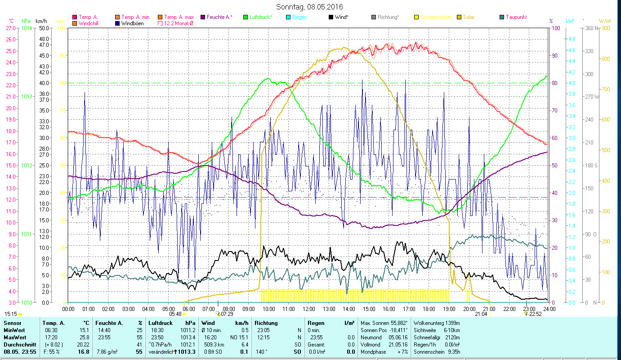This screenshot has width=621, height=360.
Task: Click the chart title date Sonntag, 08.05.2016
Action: tap(309, 7)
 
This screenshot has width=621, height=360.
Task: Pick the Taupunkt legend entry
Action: tap(516, 17)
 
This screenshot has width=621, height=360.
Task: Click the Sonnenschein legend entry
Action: tap(436, 17)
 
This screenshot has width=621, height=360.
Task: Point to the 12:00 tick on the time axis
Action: tap(309, 309)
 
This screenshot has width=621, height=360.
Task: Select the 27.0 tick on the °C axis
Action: tap(11, 28)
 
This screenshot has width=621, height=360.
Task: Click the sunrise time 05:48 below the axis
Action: tap(175, 314)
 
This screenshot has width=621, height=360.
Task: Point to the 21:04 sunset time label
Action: tap(481, 314)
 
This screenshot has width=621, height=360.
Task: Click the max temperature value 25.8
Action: tap(83, 337)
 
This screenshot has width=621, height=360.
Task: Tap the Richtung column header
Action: tap(266, 323)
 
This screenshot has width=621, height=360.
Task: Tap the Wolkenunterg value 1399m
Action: tap(455, 323)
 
